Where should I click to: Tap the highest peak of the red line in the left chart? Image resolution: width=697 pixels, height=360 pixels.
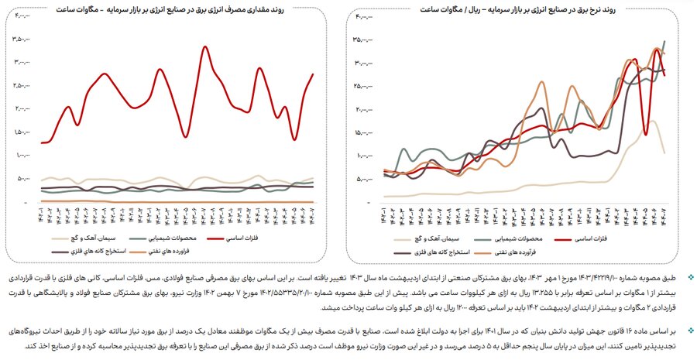click(204, 47)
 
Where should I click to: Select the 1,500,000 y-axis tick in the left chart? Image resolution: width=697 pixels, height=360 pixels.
click(15, 132)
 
